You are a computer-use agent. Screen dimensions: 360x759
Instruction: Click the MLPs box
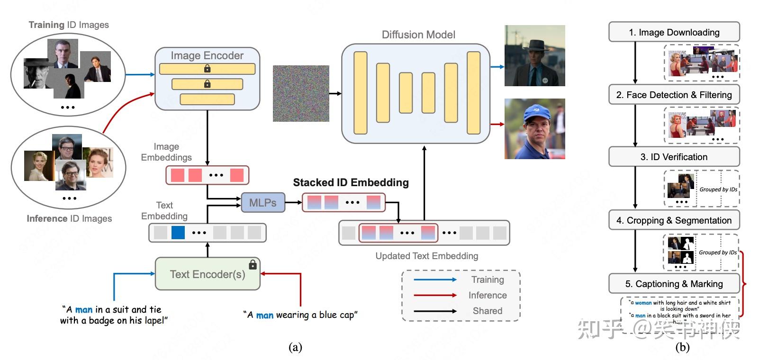[263, 203]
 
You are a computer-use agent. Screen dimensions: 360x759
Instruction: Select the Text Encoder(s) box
[208, 274]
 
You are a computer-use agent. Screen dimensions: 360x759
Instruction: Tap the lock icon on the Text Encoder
[253, 264]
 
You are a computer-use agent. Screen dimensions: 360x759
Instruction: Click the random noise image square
[301, 93]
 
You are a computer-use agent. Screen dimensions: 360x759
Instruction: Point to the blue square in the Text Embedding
[178, 233]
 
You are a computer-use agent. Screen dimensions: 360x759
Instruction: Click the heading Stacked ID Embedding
[351, 182]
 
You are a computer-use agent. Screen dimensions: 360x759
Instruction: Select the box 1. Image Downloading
[674, 32]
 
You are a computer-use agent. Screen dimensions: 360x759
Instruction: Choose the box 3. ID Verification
[674, 157]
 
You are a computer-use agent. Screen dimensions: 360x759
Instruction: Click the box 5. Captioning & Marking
[674, 284]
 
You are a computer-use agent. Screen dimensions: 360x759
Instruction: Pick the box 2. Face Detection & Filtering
[674, 95]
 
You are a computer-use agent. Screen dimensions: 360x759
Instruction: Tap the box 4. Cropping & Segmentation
[674, 220]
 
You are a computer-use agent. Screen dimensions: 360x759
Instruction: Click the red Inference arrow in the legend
[435, 295]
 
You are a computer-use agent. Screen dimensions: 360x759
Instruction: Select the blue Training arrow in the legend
[435, 279]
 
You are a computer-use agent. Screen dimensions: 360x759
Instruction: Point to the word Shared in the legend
[487, 311]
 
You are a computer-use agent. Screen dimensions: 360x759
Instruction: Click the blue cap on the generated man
[536, 113]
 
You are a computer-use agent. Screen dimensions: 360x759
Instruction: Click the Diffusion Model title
[418, 35]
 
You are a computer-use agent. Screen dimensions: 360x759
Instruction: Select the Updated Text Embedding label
[426, 256]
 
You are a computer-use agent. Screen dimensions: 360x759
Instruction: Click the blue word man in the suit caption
[84, 310]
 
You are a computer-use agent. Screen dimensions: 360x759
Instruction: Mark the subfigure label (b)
[682, 347]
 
